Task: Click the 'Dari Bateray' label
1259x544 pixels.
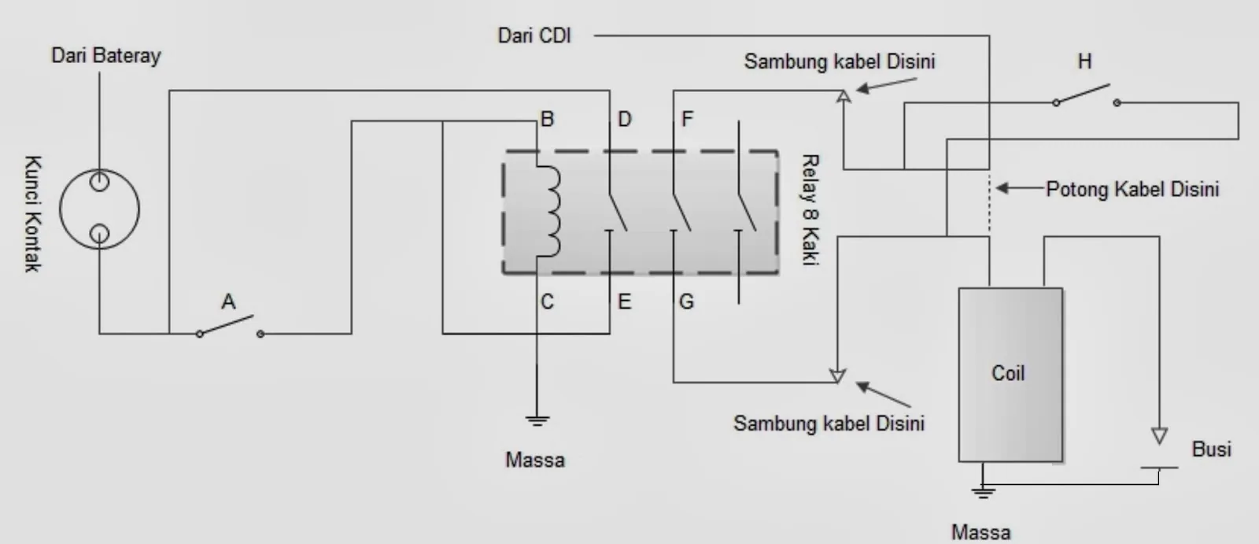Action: tap(106, 56)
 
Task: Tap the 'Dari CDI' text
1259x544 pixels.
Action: tap(534, 36)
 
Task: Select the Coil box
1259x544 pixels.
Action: tap(1010, 375)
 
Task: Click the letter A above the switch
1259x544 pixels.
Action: tap(228, 302)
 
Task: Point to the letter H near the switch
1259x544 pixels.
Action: tap(1084, 61)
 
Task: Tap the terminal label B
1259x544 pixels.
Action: tap(547, 119)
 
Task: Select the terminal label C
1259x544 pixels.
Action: tap(547, 302)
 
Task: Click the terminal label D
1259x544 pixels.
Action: tap(625, 119)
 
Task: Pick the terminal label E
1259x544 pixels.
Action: tap(625, 302)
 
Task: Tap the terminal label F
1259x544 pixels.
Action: tap(687, 119)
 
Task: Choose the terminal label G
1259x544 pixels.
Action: tap(686, 302)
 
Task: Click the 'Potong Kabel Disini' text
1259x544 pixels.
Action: tap(1132, 189)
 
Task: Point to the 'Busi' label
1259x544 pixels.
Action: tap(1211, 449)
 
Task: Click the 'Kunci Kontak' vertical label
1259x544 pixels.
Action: tap(33, 214)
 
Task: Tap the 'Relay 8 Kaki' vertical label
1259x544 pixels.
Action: tap(810, 209)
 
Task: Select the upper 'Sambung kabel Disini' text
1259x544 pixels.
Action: tap(840, 61)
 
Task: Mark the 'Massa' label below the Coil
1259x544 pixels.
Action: tap(980, 531)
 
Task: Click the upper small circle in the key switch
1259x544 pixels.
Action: tap(99, 182)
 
